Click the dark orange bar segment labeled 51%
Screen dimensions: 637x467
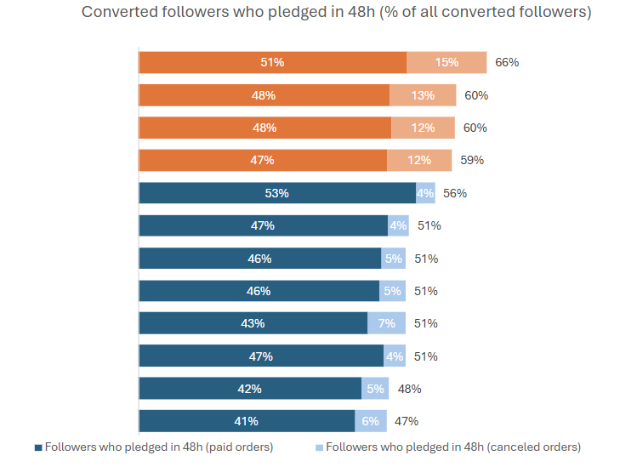(273, 63)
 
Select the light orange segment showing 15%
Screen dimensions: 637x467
(446, 63)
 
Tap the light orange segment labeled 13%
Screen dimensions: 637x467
(423, 95)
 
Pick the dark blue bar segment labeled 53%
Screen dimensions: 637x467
(277, 193)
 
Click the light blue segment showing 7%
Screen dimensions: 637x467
(386, 323)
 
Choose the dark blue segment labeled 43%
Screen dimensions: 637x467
(253, 323)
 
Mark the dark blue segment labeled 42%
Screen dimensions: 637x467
(250, 389)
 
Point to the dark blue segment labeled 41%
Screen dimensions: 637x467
(247, 421)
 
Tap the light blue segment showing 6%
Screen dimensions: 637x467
(371, 421)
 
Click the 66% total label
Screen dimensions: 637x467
(507, 63)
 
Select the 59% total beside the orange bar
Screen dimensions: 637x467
(472, 160)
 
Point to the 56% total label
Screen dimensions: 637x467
(455, 193)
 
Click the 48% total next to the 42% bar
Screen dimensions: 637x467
(410, 389)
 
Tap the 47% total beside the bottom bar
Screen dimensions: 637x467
(407, 421)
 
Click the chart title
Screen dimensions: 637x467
(337, 12)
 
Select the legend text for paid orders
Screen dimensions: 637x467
(159, 447)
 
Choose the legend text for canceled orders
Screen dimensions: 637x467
(453, 447)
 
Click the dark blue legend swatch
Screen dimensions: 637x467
(38, 447)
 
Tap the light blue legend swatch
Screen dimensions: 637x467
(319, 447)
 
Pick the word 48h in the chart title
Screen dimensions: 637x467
(361, 12)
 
